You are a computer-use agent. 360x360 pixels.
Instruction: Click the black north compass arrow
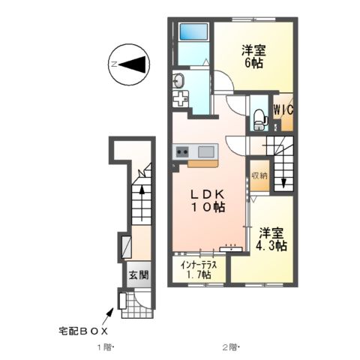(x=133, y=65)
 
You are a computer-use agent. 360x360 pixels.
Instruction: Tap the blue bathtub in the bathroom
(x=193, y=33)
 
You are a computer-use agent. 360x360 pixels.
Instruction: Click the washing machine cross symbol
(x=179, y=97)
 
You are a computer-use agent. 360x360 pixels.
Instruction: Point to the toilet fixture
(x=258, y=115)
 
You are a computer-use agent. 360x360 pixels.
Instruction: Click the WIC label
(x=283, y=109)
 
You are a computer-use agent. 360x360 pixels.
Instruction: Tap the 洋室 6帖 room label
(x=253, y=57)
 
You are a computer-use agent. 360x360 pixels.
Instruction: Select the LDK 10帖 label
(x=208, y=200)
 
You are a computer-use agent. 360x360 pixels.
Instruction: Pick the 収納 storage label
(x=259, y=175)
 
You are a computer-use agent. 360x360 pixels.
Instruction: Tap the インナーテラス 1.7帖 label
(x=199, y=270)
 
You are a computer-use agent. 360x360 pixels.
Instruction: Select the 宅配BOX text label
(x=84, y=330)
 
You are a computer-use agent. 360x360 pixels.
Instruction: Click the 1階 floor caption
(x=103, y=346)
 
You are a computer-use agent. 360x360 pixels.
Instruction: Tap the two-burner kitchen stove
(x=182, y=152)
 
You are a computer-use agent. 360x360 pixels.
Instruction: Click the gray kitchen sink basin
(x=205, y=152)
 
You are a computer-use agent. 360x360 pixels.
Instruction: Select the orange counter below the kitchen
(x=202, y=162)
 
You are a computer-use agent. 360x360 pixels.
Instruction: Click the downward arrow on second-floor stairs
(x=283, y=180)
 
